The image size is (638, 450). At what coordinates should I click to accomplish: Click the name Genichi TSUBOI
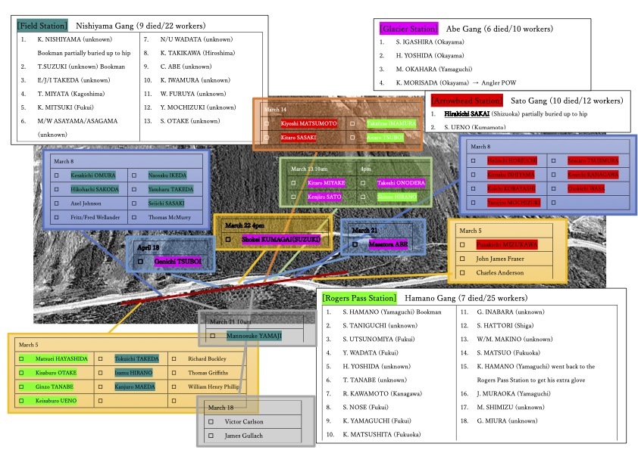[x=178, y=262]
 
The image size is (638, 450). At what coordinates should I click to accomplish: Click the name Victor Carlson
[x=244, y=421]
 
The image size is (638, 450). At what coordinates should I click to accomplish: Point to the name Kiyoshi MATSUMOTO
[x=309, y=123]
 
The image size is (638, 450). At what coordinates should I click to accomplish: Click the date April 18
[x=149, y=247]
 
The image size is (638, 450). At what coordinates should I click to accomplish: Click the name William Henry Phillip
[x=214, y=386]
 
